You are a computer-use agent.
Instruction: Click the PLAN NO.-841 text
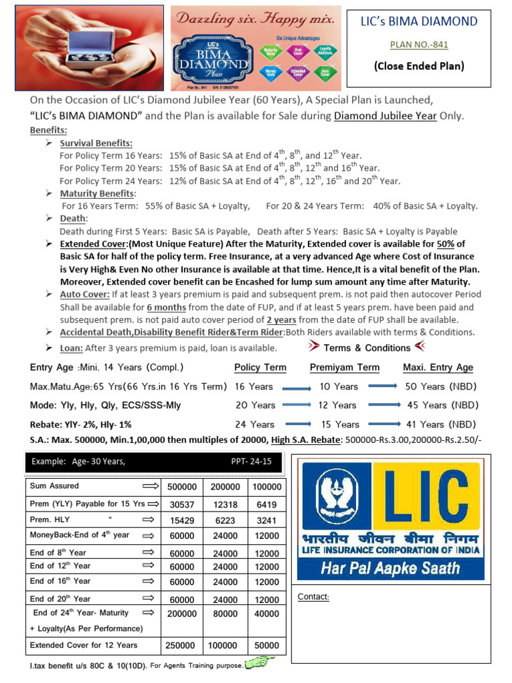(419, 45)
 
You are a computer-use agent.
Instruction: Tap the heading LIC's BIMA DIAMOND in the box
(419, 21)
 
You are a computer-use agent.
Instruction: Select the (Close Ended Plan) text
(419, 66)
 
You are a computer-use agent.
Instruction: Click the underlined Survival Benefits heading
(96, 143)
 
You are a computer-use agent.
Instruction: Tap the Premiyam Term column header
(345, 368)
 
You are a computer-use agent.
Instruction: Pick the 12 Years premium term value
(335, 405)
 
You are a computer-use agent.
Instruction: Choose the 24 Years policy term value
(254, 424)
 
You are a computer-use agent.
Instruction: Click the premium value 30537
(181, 505)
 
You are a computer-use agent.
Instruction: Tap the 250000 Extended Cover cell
(181, 646)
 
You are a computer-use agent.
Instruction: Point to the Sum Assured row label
(55, 486)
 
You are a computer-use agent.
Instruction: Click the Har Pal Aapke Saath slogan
(390, 568)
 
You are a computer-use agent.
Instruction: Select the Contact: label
(313, 597)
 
